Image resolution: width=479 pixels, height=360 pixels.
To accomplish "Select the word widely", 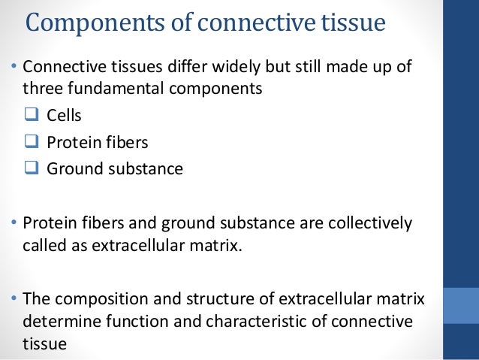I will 223,67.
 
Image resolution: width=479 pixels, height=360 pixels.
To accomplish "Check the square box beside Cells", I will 32,116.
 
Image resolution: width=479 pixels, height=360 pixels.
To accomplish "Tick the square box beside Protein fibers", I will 32,143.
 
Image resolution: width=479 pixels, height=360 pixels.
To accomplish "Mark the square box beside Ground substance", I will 32,168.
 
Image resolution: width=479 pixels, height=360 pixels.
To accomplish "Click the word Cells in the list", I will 64,116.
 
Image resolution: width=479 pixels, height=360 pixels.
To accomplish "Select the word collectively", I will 369,225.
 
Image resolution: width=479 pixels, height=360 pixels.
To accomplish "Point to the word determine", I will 56,321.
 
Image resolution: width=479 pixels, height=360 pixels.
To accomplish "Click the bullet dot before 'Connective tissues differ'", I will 14,68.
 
